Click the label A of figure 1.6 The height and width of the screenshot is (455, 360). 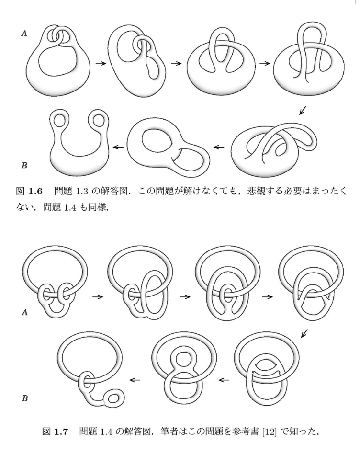[24, 34]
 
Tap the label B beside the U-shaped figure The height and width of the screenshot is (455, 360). [24, 165]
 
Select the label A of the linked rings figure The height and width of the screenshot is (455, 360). [25, 312]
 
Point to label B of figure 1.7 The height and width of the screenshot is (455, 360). [25, 398]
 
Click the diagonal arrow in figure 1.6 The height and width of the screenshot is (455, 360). [303, 110]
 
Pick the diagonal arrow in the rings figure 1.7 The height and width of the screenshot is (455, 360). [304, 333]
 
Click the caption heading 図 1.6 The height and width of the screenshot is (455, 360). [29, 192]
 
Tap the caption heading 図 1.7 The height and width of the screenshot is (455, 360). [55, 432]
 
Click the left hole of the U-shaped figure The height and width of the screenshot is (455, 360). [60, 120]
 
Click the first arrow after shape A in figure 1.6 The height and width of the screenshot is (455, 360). [101, 63]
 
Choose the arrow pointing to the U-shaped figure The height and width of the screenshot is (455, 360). [118, 147]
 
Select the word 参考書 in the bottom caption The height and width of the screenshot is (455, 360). [245, 432]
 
